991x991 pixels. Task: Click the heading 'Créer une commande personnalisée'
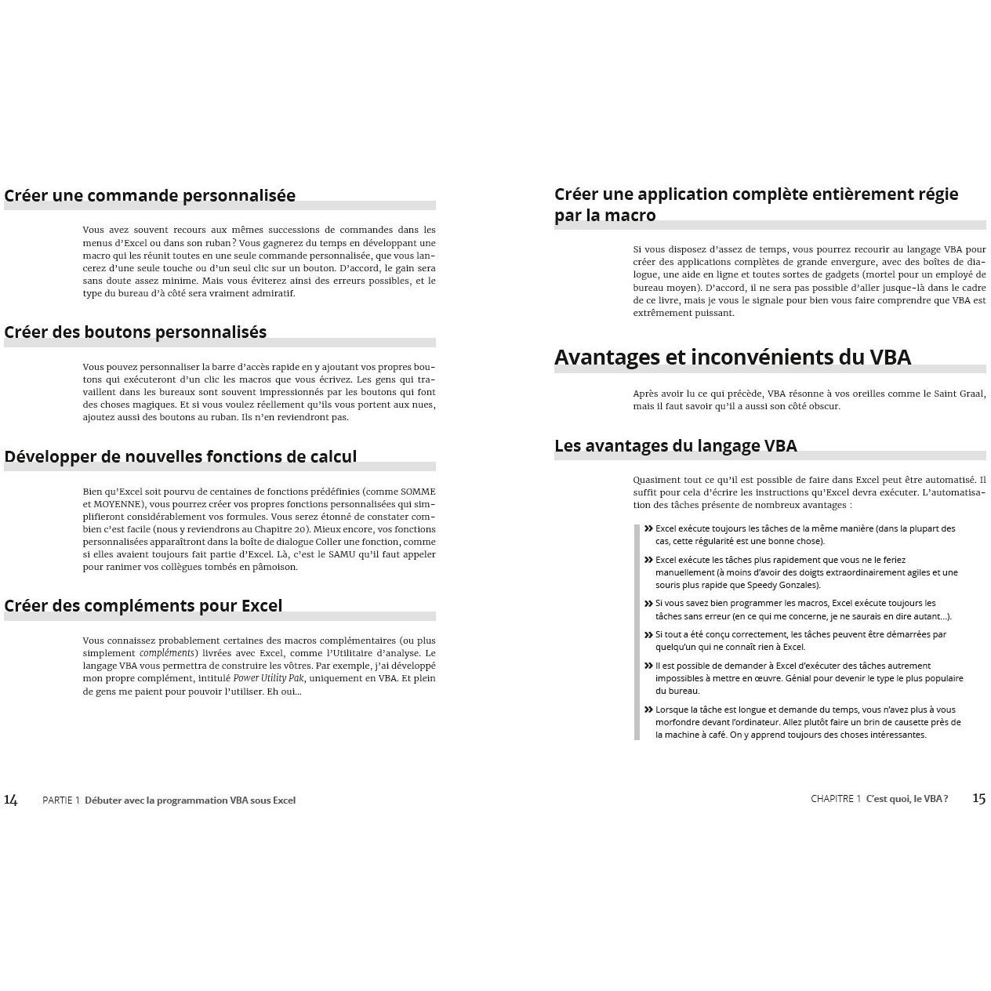tap(150, 196)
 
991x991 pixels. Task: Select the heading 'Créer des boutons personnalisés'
tap(135, 332)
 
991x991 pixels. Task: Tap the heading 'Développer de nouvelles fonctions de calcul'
tap(180, 457)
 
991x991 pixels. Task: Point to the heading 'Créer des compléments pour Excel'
tap(143, 606)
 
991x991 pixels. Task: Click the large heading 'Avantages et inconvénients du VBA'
tap(732, 358)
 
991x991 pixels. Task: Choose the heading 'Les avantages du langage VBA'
tap(675, 446)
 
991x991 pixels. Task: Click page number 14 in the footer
tap(11, 800)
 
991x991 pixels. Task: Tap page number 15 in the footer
tap(978, 798)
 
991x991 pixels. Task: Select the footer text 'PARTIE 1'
tap(61, 800)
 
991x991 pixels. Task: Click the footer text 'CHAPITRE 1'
tap(836, 799)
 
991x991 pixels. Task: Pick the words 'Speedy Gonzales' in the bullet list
tap(786, 585)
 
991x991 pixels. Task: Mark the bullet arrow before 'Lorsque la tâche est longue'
tap(648, 710)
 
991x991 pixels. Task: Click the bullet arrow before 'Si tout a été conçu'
tap(648, 634)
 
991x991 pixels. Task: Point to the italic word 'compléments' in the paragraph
tap(167, 653)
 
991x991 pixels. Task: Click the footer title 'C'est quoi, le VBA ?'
tap(907, 799)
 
